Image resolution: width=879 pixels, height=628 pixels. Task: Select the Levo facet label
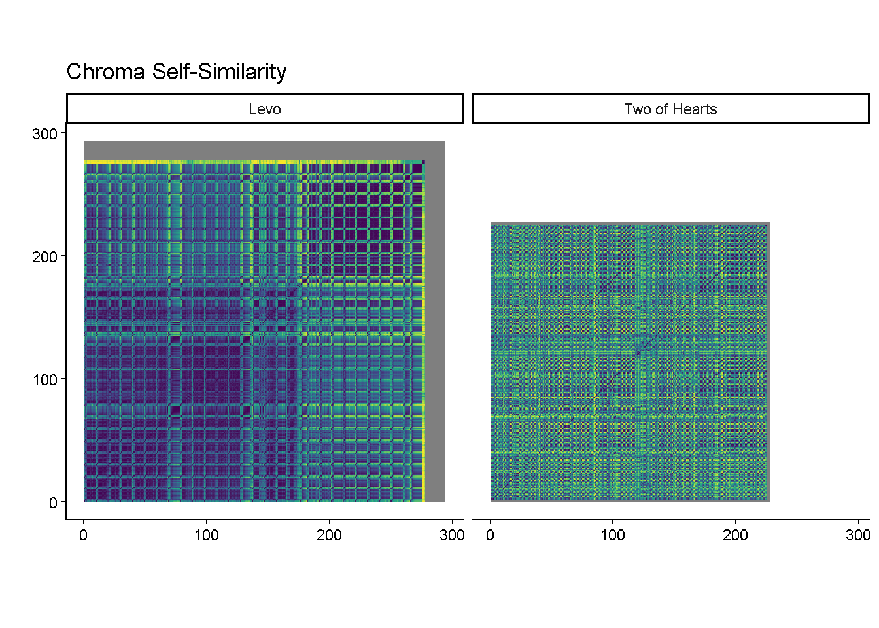(264, 109)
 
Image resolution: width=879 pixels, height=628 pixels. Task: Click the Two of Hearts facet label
(670, 109)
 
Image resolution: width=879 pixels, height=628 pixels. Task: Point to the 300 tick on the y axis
(44, 133)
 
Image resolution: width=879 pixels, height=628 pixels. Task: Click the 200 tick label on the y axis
(44, 256)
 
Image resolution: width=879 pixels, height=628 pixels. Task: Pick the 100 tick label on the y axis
(44, 379)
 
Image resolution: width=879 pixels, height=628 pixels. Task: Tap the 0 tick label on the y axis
(53, 502)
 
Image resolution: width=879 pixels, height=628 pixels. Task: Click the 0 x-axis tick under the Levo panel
(84, 535)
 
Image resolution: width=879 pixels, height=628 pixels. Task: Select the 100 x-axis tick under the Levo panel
(207, 535)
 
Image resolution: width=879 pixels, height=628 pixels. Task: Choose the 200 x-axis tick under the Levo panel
(329, 535)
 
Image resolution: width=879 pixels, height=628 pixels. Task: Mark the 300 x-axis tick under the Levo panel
(452, 535)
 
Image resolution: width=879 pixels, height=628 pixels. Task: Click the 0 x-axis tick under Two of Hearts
(491, 535)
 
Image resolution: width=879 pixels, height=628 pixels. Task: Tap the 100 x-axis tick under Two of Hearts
(613, 535)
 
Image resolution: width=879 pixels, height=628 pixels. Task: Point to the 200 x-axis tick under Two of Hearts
(735, 535)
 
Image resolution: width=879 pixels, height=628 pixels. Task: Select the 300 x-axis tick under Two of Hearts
(858, 535)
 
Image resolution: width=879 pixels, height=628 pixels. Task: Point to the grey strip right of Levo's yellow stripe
(435, 327)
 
